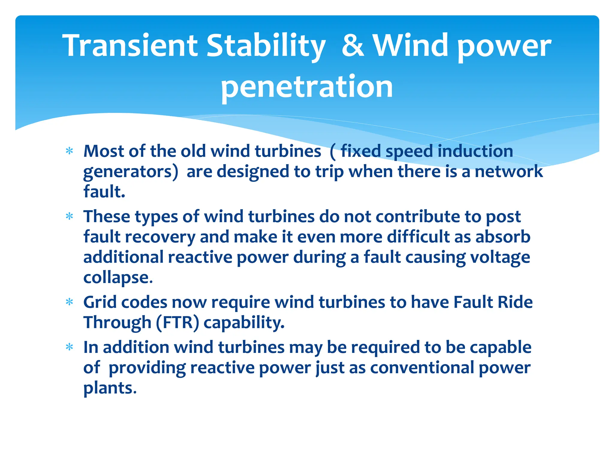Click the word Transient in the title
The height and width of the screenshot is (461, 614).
point(130,46)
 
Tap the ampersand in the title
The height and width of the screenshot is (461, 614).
point(353,46)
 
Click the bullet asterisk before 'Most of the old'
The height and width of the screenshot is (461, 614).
point(70,151)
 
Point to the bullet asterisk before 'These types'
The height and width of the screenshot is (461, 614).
point(70,216)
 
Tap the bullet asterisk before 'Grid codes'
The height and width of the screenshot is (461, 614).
point(70,302)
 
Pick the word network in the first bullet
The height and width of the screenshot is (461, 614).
point(509,171)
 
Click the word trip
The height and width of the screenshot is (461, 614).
point(329,172)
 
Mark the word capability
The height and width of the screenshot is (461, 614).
point(244,323)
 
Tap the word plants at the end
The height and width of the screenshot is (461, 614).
point(110,388)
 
